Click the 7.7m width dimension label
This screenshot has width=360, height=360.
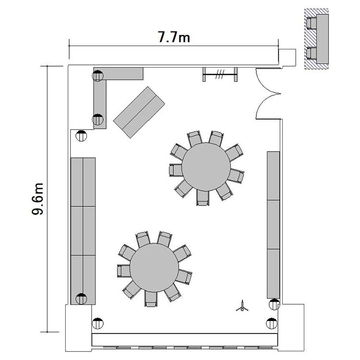[174, 37]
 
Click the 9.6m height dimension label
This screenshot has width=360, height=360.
[37, 199]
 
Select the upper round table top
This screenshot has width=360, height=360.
[206, 167]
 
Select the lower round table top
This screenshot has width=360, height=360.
[154, 267]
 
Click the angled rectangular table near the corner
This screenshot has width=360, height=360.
[139, 112]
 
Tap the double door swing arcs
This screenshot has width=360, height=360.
[268, 94]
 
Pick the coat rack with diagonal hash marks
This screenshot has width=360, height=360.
[220, 74]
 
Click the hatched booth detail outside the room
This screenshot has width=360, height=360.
[316, 39]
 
